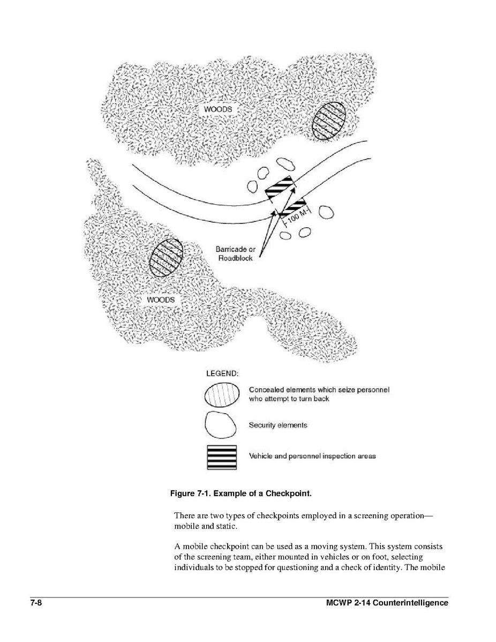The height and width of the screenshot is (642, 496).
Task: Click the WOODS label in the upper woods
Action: point(218,109)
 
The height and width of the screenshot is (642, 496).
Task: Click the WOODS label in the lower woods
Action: point(161,300)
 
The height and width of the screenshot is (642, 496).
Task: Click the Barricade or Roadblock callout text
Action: point(235,253)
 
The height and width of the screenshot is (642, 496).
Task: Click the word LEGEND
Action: point(222,372)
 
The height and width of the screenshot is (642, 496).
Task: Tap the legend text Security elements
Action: point(278,425)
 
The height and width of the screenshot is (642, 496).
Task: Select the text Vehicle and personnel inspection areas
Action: point(312,456)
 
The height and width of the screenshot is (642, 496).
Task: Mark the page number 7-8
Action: point(36,603)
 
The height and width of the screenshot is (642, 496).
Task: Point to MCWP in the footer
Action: point(339,603)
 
